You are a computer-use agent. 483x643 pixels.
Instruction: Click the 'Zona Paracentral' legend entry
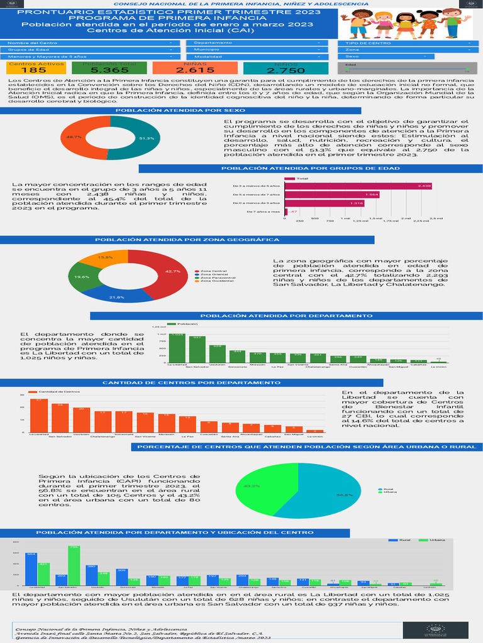[x=214, y=277]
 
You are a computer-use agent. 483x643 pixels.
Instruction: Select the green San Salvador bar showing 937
[x=197, y=350]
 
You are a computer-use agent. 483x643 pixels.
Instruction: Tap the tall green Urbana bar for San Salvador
[x=74, y=565]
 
